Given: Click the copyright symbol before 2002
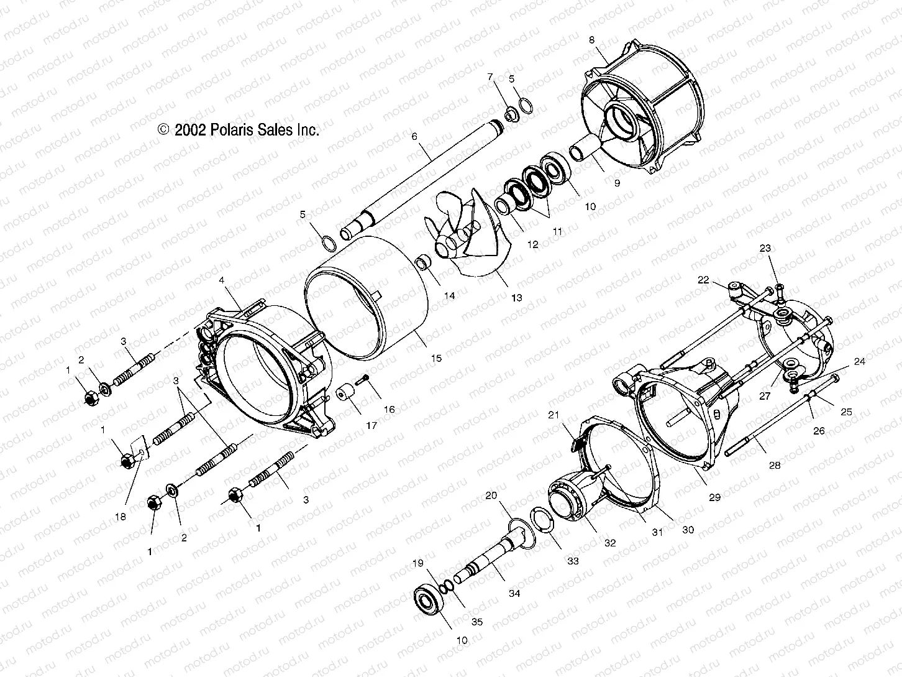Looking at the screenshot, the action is click(x=163, y=129).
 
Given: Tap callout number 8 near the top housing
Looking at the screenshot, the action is click(x=591, y=40).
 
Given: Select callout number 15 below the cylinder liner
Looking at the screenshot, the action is click(x=436, y=358).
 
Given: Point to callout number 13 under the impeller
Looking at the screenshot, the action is click(x=516, y=297).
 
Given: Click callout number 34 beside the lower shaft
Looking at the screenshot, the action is click(x=514, y=593).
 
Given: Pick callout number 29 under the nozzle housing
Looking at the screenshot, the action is click(x=714, y=497).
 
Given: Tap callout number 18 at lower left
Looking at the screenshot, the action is click(x=120, y=517).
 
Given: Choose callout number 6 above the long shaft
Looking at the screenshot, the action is click(x=414, y=136).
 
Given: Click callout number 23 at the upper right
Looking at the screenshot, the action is click(x=765, y=248).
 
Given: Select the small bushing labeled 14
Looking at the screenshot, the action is click(x=423, y=262).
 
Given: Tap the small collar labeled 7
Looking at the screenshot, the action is click(x=511, y=114).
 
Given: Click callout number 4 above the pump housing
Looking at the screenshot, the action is click(x=222, y=280).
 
